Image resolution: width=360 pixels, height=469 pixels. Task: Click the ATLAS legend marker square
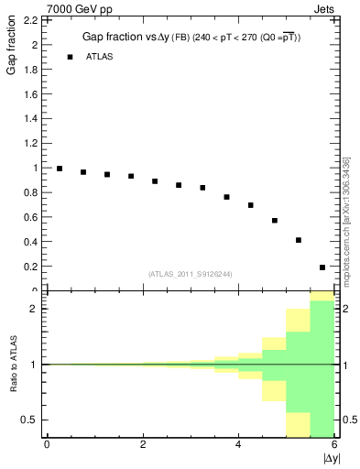(70, 57)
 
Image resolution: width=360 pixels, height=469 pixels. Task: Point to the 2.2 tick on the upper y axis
(30, 19)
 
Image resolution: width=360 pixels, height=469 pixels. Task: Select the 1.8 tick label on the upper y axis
(30, 69)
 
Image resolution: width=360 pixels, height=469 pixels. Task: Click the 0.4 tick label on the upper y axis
(30, 242)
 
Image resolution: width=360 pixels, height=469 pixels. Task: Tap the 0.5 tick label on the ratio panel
(30, 420)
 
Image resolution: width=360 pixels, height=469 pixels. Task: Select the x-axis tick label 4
(238, 444)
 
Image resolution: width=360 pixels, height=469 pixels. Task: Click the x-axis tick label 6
(334, 444)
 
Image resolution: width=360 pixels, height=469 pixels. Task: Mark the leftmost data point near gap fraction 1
(60, 169)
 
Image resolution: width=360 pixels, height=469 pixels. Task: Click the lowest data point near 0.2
(322, 267)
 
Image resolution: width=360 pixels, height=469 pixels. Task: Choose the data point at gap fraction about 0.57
(275, 221)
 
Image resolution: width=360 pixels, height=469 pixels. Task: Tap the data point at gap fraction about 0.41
(299, 240)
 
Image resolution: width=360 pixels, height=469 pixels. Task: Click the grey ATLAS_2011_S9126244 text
(189, 273)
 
